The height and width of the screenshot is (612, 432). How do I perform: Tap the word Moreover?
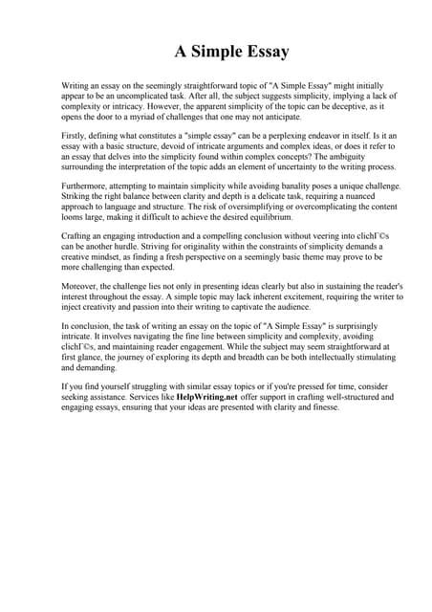point(81,287)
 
